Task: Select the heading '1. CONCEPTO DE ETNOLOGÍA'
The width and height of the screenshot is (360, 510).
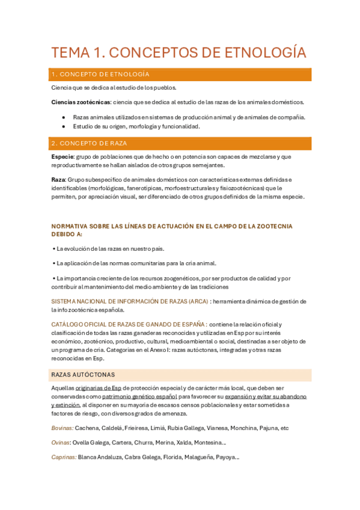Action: pos(101,75)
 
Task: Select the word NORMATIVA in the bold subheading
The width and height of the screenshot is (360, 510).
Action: pos(71,226)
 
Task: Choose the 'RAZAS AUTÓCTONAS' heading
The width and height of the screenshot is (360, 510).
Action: pos(83,375)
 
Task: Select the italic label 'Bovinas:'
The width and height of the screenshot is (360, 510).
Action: pos(62,428)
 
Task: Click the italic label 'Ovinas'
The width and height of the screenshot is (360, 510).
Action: pos(61,443)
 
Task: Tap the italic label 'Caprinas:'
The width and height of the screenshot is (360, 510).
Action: pos(64,457)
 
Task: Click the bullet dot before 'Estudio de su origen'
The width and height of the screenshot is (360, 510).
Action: pos(64,126)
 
